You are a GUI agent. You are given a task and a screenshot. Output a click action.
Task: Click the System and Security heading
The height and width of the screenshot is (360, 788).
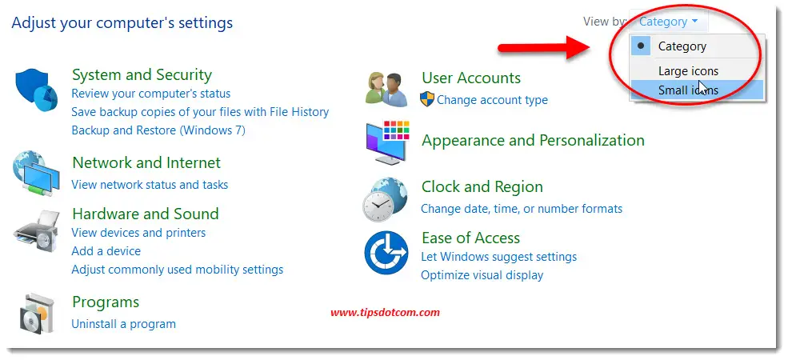click(x=142, y=75)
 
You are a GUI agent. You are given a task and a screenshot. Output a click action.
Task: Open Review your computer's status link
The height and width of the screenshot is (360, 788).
click(x=150, y=94)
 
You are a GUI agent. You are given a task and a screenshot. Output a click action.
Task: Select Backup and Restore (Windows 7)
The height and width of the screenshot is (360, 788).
click(x=158, y=130)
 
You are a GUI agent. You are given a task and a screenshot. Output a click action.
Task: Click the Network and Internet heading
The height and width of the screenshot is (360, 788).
click(x=146, y=163)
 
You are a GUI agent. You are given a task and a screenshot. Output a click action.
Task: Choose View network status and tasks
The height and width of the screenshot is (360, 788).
click(x=150, y=185)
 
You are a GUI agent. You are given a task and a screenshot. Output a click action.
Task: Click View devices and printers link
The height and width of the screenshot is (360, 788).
click(x=138, y=233)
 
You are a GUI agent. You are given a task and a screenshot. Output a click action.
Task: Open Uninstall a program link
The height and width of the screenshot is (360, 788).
click(x=123, y=324)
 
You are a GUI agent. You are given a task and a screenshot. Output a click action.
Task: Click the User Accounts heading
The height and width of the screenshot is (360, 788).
click(x=470, y=78)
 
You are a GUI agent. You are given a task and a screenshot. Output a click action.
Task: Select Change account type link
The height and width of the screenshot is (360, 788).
click(x=492, y=100)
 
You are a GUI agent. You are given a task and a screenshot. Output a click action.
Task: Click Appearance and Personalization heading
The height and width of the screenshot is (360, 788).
click(x=533, y=141)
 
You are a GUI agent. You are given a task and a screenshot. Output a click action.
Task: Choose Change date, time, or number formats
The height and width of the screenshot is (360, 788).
click(x=521, y=209)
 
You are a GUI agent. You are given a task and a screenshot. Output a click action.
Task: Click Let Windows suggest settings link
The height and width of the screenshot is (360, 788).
click(x=498, y=257)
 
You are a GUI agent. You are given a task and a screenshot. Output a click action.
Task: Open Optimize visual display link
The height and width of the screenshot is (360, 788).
click(x=482, y=275)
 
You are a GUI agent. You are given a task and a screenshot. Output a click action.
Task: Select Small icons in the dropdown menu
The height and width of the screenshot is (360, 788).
click(x=687, y=90)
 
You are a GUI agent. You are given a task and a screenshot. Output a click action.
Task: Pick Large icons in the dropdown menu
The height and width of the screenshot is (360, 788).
click(x=687, y=71)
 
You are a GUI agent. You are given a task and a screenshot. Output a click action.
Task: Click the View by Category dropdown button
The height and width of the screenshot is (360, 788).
click(x=668, y=22)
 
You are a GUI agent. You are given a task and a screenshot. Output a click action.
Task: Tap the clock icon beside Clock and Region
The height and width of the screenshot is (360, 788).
click(x=386, y=200)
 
